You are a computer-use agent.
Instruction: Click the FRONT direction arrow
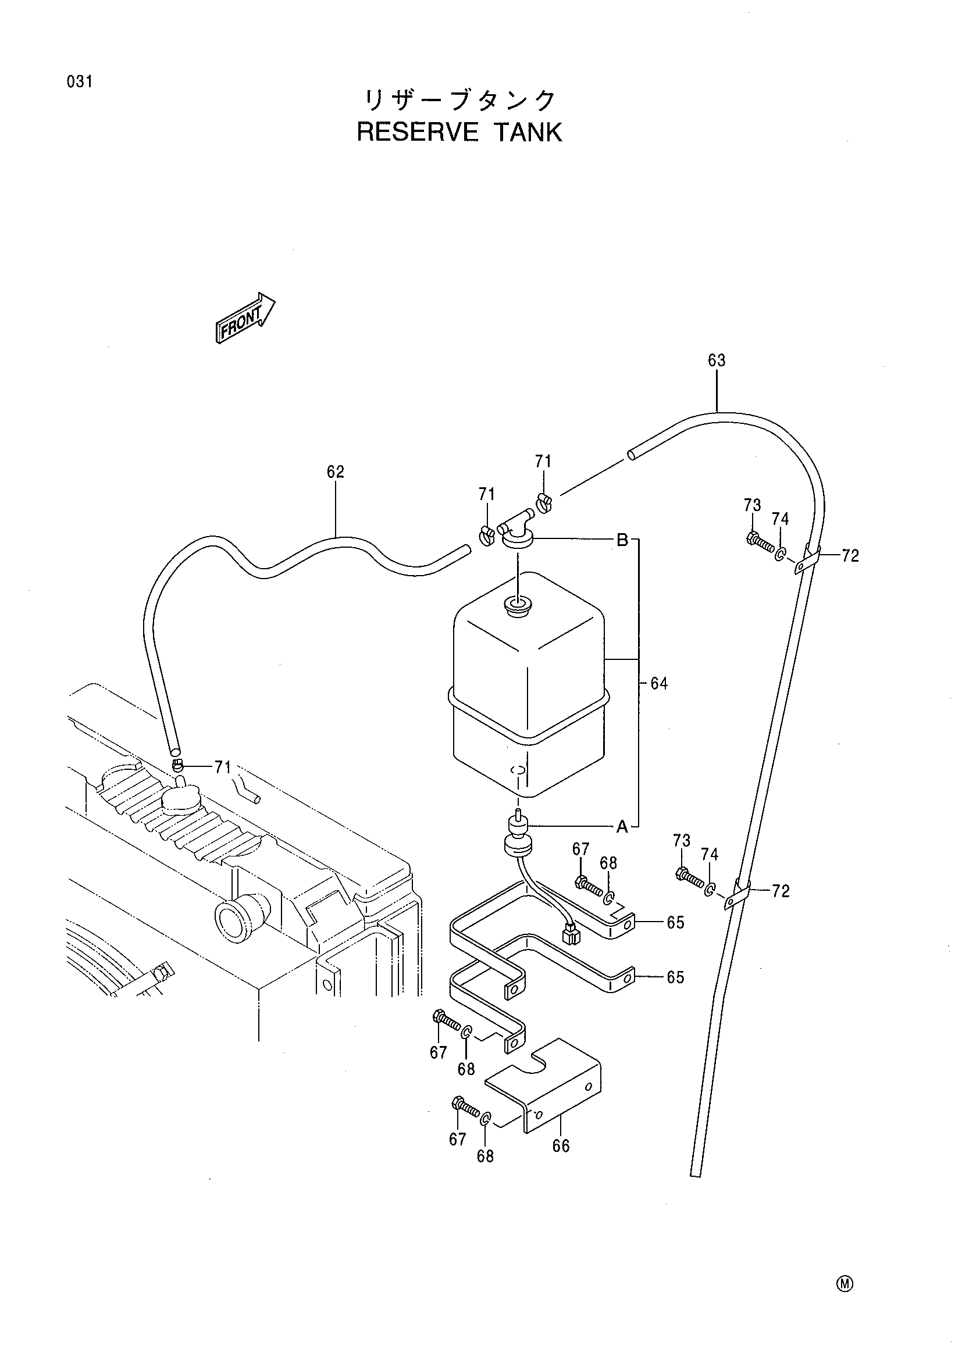[245, 317]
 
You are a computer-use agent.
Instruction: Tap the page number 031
[79, 82]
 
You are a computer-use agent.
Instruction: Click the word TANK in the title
[528, 133]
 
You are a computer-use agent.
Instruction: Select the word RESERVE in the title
[417, 133]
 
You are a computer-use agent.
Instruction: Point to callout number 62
[335, 472]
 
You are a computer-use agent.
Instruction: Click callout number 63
[717, 360]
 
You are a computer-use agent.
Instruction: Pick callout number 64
[660, 684]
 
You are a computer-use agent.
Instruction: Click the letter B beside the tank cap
[622, 540]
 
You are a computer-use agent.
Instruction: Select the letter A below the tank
[622, 826]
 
